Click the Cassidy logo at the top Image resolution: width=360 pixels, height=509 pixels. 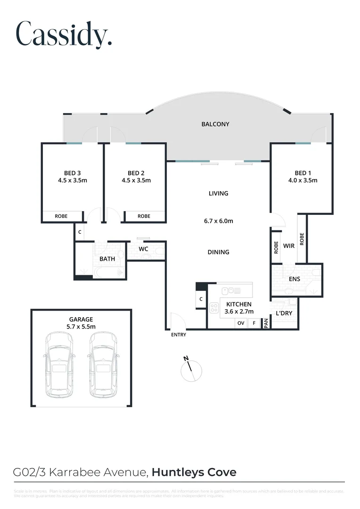coord(64,34)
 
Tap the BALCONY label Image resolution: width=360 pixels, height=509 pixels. coord(215,124)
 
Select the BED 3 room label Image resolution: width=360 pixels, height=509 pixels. coord(73,173)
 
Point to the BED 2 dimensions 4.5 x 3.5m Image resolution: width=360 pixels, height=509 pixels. coord(136,181)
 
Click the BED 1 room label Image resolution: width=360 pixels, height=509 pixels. coord(303,173)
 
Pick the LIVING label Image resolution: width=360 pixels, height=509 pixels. coord(218,193)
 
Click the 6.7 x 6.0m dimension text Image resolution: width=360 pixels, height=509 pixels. coord(218,221)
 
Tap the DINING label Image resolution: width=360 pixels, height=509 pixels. coord(218,252)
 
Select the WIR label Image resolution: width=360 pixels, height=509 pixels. coord(289,246)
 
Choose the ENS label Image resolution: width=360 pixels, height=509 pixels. coord(295,279)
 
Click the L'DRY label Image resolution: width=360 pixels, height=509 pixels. coord(284,313)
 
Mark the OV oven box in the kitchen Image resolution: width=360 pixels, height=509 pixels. coord(241,323)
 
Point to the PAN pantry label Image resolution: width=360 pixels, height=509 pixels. coord(266,323)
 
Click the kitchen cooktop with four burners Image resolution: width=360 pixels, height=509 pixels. coord(214,307)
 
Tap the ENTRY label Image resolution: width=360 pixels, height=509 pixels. coord(179,335)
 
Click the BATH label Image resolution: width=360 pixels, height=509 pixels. coord(107,259)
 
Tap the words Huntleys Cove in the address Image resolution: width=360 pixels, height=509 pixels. coord(194,472)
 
